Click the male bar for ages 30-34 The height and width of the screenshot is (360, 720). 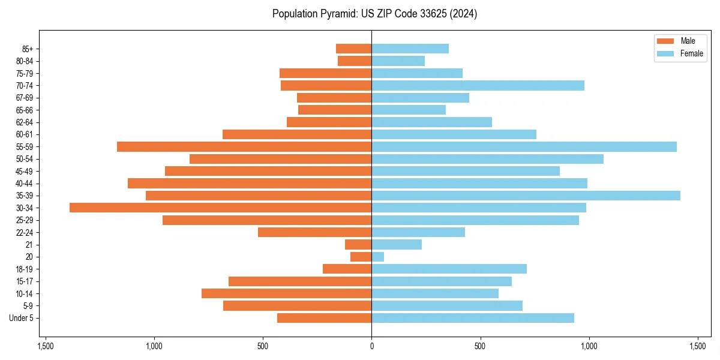[x=220, y=208]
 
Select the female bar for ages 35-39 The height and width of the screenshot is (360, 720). [x=526, y=196]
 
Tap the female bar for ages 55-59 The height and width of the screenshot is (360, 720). [x=524, y=146]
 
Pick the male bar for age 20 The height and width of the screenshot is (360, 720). [x=361, y=257]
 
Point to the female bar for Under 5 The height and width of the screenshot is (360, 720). [x=473, y=318]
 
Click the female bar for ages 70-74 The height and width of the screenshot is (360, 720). [x=478, y=85]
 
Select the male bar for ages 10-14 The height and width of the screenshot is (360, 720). [x=286, y=293]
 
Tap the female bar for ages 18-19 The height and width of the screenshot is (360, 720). [x=449, y=269]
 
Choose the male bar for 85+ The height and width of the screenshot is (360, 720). [x=353, y=49]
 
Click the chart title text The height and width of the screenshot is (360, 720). [x=374, y=14]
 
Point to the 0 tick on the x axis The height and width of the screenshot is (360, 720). [x=371, y=346]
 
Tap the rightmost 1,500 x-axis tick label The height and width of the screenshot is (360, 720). [x=697, y=346]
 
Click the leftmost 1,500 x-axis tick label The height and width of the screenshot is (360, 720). [x=46, y=346]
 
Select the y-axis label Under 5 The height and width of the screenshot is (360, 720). [x=21, y=318]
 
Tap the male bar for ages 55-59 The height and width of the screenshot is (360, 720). [x=244, y=146]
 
